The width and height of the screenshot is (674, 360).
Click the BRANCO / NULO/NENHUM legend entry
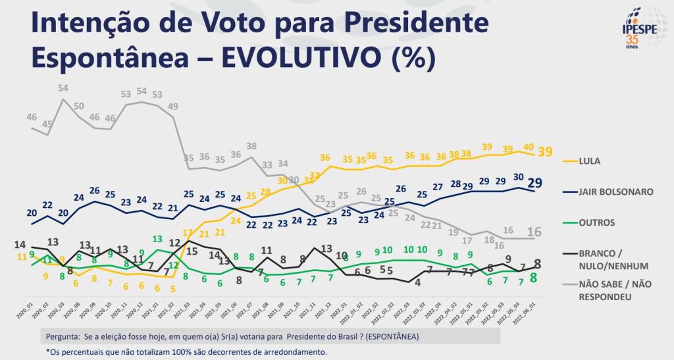pos(611,259)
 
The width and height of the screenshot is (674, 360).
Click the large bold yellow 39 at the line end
pos(545,151)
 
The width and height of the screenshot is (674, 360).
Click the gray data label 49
pos(173,106)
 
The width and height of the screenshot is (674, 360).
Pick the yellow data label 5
pos(173,288)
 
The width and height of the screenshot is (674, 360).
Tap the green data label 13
pos(158,239)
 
